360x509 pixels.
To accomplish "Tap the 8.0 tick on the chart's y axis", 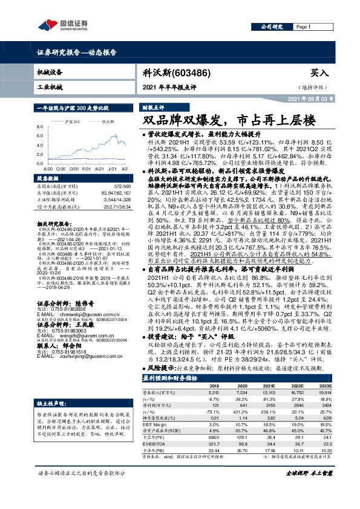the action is coord(40,126).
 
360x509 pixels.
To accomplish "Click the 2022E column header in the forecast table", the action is coord(296,384).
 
